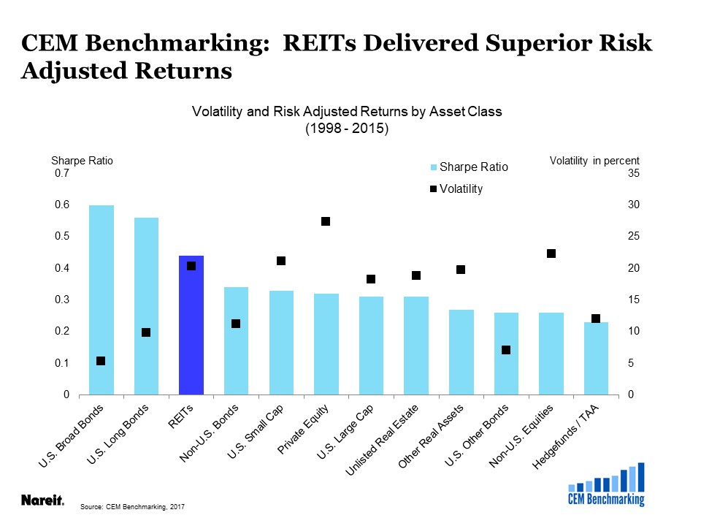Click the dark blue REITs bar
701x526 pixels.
(191, 325)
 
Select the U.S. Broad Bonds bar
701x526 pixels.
(101, 300)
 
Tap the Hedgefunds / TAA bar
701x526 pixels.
(596, 358)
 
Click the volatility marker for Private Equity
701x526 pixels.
(326, 221)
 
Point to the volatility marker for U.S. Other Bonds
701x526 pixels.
(505, 350)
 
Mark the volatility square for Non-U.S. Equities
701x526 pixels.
(551, 254)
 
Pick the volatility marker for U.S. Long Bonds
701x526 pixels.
(146, 332)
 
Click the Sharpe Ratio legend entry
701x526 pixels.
(469, 167)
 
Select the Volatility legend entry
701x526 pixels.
(456, 188)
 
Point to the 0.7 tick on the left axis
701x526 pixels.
(62, 173)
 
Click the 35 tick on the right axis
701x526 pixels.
(634, 173)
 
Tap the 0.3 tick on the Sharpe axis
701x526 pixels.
(62, 300)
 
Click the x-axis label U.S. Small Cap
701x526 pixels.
(256, 431)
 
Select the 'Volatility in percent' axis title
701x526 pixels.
(594, 161)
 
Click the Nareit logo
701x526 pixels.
(42, 500)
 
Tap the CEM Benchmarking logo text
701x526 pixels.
(606, 499)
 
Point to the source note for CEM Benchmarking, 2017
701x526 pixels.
(132, 507)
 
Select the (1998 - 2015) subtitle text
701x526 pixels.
(347, 129)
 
